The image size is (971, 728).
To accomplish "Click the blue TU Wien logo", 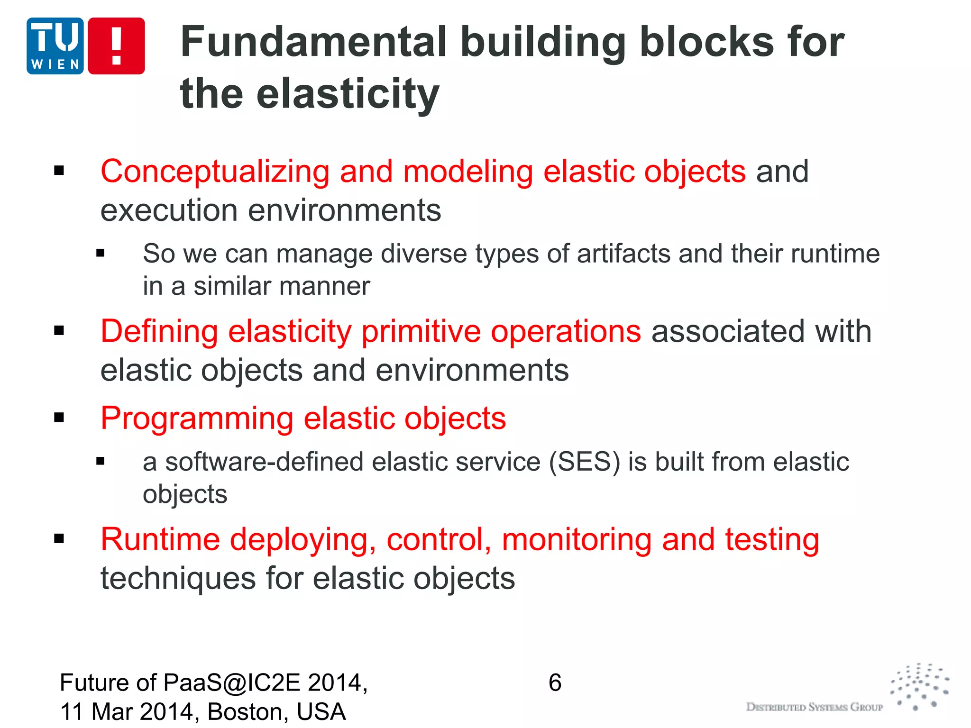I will pyautogui.click(x=55, y=45).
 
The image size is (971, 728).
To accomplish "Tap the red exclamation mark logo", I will pyautogui.click(x=116, y=45).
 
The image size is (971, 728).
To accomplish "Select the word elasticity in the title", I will pyautogui.click(x=348, y=94).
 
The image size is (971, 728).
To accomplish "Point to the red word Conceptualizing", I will pyautogui.click(x=215, y=172).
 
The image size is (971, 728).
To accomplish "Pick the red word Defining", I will pyautogui.click(x=159, y=331).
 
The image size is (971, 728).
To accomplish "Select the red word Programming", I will pyautogui.click(x=197, y=419).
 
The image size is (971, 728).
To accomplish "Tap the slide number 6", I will pyautogui.click(x=555, y=683).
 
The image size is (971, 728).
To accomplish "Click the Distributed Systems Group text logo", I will pyautogui.click(x=815, y=707).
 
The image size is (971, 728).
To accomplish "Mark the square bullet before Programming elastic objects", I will pyautogui.click(x=59, y=418).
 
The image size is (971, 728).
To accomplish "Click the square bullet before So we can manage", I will pyautogui.click(x=100, y=254).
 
